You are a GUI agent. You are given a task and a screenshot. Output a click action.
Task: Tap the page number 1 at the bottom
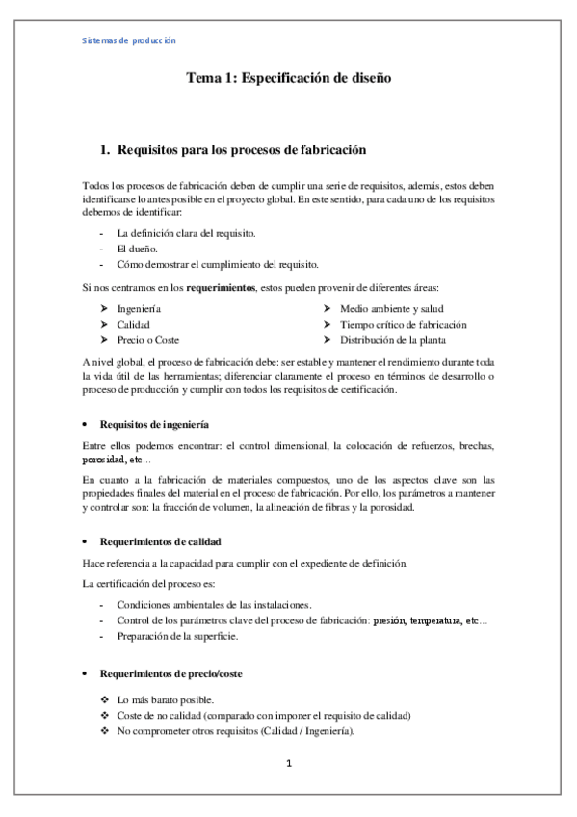288,765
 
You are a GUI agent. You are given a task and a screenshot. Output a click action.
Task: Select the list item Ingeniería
139,308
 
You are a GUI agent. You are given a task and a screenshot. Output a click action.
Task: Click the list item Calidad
133,325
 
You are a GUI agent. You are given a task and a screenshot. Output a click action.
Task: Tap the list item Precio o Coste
147,340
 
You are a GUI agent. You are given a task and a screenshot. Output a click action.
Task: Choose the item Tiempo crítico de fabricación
404,325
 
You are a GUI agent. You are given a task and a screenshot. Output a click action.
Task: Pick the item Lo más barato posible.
165,699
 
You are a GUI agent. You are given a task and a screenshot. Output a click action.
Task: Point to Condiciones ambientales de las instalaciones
214,604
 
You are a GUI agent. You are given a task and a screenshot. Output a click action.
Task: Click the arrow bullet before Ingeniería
104,308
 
